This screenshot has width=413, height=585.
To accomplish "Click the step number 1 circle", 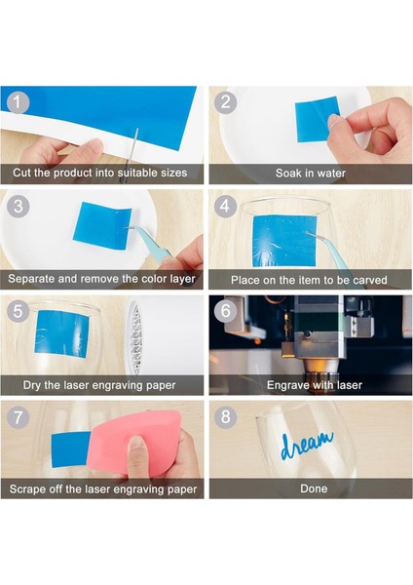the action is coord(18,101).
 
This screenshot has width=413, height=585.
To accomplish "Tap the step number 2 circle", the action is coord(225,101).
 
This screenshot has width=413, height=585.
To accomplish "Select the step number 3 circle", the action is coord(18,207).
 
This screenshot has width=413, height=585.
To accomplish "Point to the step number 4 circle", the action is coord(225,206).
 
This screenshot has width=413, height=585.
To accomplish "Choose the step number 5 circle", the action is coord(18,311).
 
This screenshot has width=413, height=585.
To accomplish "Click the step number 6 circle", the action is coord(225,310).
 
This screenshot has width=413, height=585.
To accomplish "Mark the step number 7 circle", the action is coord(18,416).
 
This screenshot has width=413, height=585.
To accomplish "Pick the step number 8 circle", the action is coord(225,416).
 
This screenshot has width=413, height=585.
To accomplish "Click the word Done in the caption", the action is coord(314,488).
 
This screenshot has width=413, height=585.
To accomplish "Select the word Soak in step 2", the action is coord(285,174).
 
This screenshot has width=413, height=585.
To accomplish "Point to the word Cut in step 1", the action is coord(21,173).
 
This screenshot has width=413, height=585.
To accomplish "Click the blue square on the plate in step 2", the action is coord(318,119).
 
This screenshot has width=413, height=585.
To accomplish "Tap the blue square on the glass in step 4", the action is coord(284,242).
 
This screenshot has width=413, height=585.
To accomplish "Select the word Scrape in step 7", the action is coord(27,489).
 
